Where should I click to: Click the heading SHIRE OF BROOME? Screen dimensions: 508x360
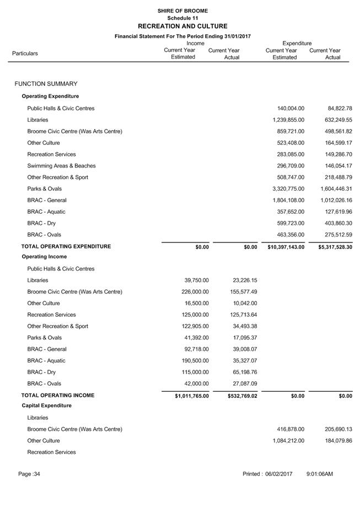(x=182, y=11)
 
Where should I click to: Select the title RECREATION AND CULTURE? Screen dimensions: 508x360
(x=182, y=26)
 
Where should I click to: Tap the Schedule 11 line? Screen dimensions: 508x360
(x=182, y=18)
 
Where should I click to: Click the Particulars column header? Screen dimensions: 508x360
(x=25, y=53)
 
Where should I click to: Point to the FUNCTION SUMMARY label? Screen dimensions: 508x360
(x=46, y=84)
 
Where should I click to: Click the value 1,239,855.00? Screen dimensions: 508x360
(x=288, y=120)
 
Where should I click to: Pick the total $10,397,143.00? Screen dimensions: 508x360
(x=286, y=247)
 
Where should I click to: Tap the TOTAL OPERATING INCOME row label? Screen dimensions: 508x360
(x=58, y=395)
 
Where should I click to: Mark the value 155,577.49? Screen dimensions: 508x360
(x=243, y=291)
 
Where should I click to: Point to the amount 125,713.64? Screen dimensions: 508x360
(x=243, y=315)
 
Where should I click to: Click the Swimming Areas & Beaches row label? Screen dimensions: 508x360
(x=61, y=166)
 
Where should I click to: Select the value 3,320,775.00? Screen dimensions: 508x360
(x=288, y=189)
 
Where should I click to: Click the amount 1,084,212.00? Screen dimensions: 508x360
(x=288, y=441)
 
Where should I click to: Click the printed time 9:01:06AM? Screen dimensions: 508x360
(x=319, y=474)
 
